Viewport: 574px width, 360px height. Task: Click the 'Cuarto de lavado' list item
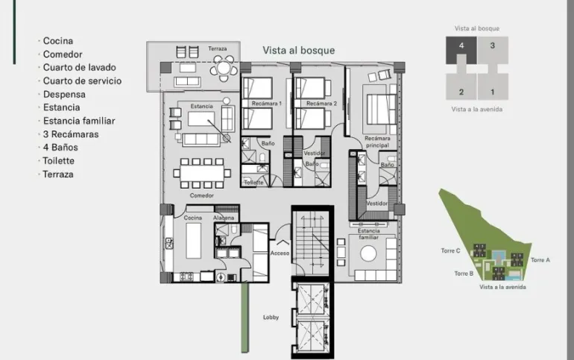pos(80,67)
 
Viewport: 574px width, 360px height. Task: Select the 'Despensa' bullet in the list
pos(64,95)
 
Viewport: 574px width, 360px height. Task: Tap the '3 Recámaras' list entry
pos(71,134)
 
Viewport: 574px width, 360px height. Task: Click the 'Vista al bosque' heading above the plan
pos(299,51)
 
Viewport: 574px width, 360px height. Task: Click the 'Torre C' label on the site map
pos(451,250)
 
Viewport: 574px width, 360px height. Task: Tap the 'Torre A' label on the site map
pos(540,260)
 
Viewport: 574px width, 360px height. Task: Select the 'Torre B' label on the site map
pos(464,274)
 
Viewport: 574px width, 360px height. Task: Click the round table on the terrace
pos(224,68)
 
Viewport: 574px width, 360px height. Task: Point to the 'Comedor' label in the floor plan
pos(202,196)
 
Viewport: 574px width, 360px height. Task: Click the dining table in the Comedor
pos(202,173)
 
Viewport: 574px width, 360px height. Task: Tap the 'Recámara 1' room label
pos(267,104)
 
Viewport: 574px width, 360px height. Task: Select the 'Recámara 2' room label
pos(321,104)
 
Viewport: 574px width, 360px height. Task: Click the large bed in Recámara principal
pos(381,109)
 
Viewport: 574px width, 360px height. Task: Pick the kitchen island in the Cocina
pos(193,241)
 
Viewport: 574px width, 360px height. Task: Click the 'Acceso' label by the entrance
pos(280,253)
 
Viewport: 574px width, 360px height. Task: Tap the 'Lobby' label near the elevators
pos(271,318)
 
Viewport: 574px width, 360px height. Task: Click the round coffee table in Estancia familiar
pos(368,253)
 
